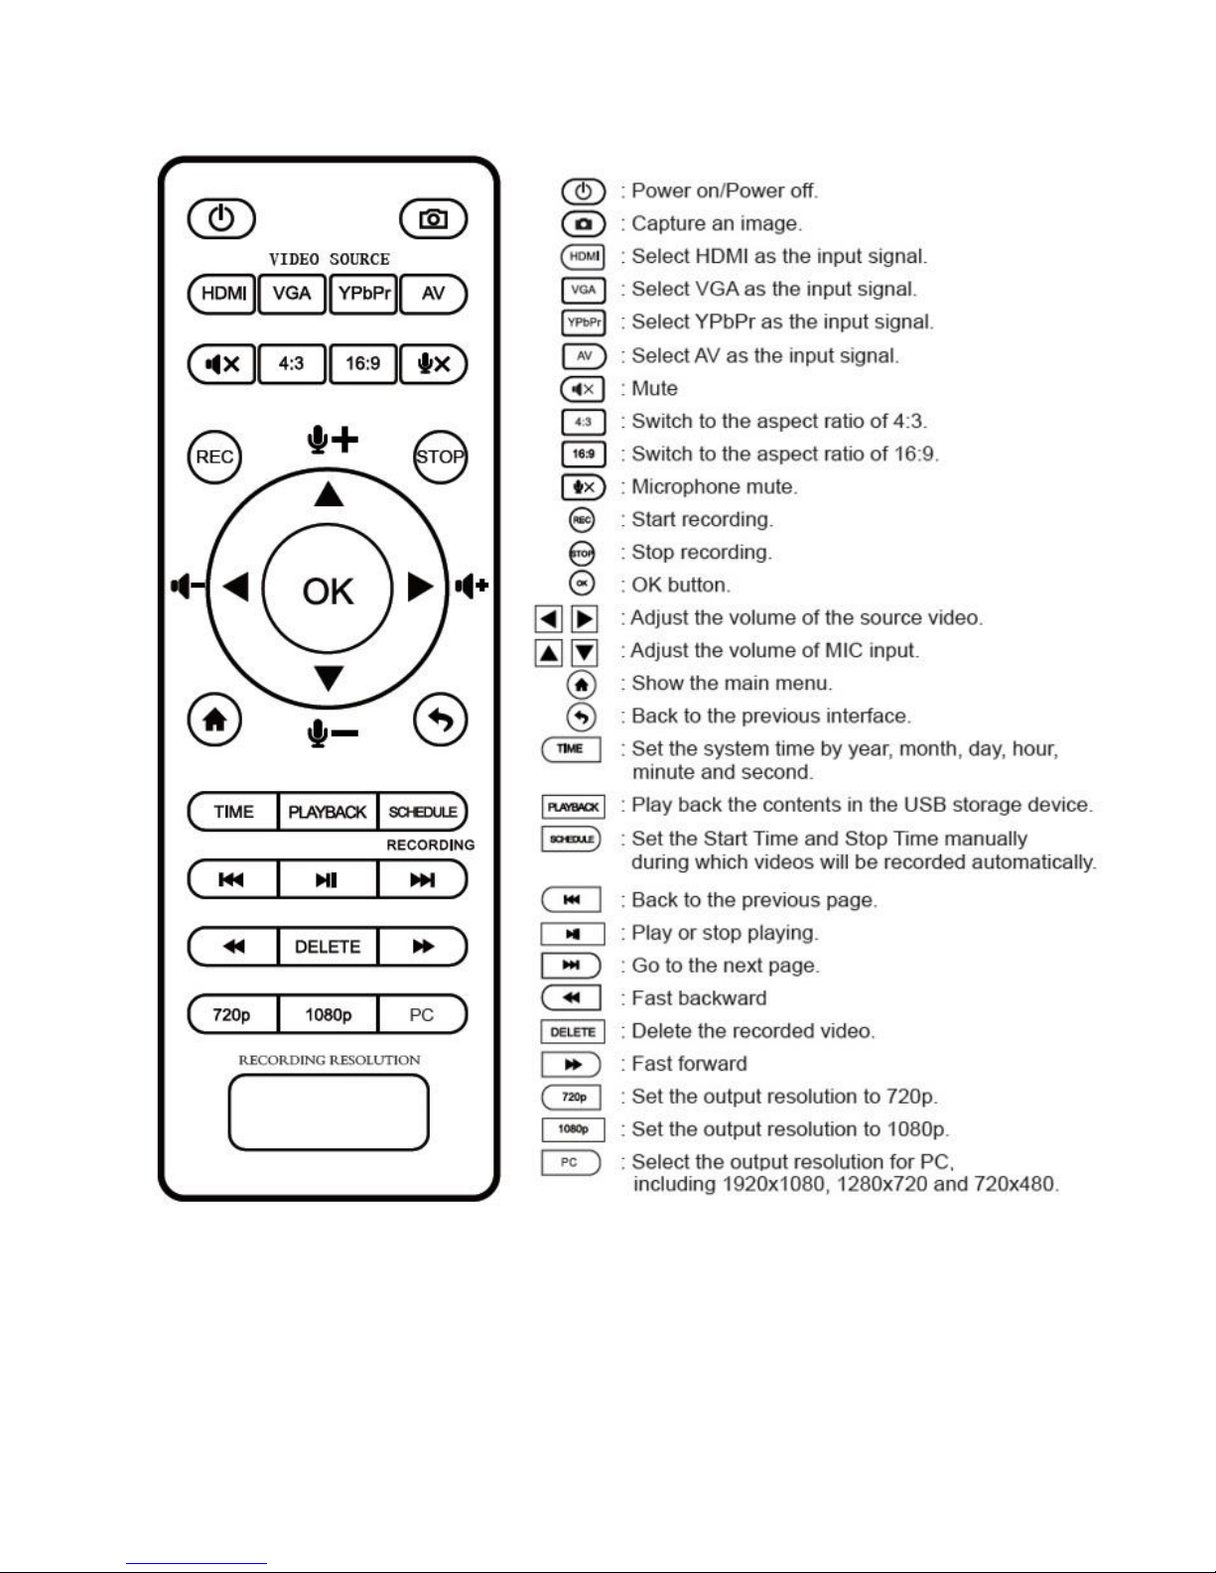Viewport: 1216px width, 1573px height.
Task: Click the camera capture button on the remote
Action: (433, 219)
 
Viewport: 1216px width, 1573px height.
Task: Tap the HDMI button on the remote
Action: (222, 294)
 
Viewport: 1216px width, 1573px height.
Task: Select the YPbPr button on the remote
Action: (363, 294)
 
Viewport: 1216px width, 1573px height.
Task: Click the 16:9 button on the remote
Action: (362, 364)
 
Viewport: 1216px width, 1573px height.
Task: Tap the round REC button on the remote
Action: (214, 457)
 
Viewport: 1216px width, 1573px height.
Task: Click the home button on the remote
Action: (214, 720)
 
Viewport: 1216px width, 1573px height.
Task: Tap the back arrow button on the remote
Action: (440, 720)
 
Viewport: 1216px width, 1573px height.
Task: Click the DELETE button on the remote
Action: (328, 947)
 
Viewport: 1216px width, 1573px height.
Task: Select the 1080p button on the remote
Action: (328, 1014)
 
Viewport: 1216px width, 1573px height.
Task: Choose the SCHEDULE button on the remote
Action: (423, 812)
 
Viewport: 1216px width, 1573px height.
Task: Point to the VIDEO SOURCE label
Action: (329, 259)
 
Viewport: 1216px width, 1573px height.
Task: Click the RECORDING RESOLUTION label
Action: (329, 1060)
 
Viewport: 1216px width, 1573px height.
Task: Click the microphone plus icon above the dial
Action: (332, 439)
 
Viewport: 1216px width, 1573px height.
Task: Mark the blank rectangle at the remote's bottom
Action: (329, 1113)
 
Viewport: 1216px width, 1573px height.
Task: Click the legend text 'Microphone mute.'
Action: (715, 487)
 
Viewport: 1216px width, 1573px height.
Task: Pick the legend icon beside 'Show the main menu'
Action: (581, 684)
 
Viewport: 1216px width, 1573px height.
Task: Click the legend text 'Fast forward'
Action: (689, 1064)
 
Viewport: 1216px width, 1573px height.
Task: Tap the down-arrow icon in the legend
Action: (585, 652)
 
